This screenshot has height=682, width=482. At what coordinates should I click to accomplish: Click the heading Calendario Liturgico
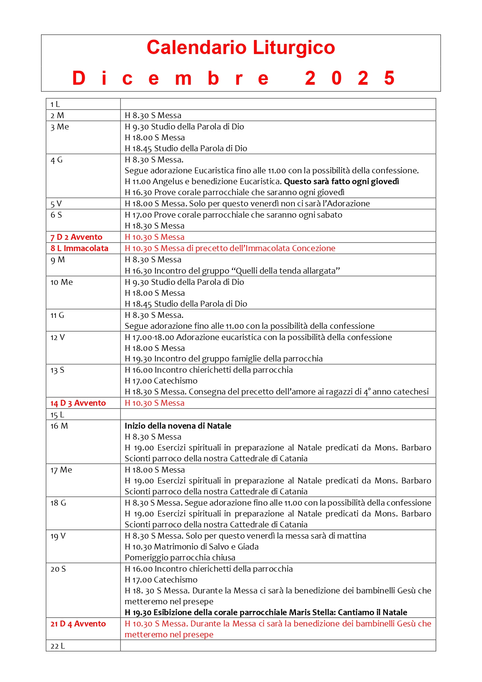pyautogui.click(x=241, y=48)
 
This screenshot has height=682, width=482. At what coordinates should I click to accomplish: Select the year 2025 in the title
pyautogui.click(x=350, y=78)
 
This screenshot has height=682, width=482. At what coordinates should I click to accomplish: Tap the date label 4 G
pyautogui.click(x=56, y=160)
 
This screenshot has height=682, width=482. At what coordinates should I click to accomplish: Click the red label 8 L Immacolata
pyautogui.click(x=79, y=248)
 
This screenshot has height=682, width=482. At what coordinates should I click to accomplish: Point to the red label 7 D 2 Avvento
pyautogui.click(x=77, y=237)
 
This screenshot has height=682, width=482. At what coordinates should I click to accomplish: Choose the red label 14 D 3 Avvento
pyautogui.click(x=78, y=403)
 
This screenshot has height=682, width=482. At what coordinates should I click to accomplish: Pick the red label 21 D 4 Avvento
pyautogui.click(x=78, y=624)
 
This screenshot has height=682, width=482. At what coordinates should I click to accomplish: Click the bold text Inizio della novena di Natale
pyautogui.click(x=178, y=426)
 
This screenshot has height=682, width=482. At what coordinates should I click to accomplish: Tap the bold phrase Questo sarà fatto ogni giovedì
pyautogui.click(x=341, y=181)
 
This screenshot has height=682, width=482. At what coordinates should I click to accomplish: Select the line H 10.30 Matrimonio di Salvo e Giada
pyautogui.click(x=191, y=547)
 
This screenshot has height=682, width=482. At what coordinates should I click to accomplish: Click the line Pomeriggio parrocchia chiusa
pyautogui.click(x=180, y=558)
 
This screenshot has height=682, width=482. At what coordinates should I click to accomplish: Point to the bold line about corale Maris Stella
pyautogui.click(x=266, y=612)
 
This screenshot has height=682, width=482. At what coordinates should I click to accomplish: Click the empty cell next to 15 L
pyautogui.click(x=278, y=414)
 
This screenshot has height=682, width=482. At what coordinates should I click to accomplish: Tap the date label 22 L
pyautogui.click(x=57, y=646)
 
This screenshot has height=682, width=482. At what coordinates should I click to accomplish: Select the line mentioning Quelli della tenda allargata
pyautogui.click(x=232, y=271)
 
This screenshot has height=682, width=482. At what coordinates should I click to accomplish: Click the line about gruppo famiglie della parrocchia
pyautogui.click(x=224, y=359)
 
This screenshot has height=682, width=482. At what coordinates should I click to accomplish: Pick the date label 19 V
pyautogui.click(x=58, y=536)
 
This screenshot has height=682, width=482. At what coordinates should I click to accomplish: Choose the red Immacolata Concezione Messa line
pyautogui.click(x=230, y=248)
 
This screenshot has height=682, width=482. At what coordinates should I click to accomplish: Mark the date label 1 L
pyautogui.click(x=55, y=104)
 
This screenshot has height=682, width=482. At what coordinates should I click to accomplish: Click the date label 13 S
pyautogui.click(x=57, y=370)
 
